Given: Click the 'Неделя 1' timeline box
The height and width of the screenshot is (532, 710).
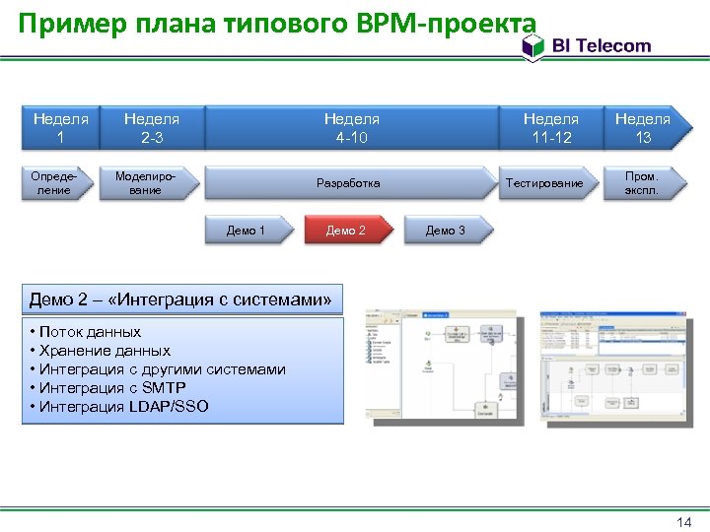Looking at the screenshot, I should click(60, 128).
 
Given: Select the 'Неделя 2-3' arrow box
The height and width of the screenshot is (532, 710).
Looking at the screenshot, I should click(151, 128).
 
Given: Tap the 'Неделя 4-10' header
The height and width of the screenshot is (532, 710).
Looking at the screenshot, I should click(351, 128).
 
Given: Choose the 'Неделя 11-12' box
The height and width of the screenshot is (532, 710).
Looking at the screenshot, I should click(550, 128).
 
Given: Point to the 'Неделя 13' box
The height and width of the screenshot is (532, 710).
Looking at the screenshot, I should click(642, 128).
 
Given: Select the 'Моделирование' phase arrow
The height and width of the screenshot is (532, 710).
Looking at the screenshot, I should click(146, 183).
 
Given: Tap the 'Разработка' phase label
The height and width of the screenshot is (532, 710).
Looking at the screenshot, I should click(348, 183).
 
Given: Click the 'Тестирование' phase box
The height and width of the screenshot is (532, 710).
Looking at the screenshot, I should click(544, 183).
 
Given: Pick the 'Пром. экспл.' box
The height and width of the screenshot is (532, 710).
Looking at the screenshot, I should click(642, 183).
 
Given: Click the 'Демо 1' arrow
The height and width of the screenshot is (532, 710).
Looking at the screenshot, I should click(247, 231).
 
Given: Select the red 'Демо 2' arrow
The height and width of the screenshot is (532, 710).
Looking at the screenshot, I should click(346, 231).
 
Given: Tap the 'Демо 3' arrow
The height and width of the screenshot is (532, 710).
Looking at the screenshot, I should click(446, 231).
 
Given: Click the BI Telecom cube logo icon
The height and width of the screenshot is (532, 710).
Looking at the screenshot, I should click(532, 46).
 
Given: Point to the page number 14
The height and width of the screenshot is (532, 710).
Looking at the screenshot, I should click(684, 521).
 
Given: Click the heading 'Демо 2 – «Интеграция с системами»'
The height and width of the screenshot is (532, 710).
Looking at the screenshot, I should click(180, 299).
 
